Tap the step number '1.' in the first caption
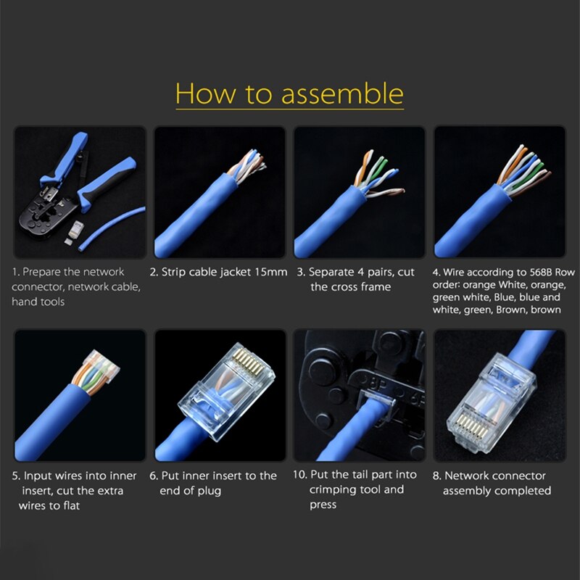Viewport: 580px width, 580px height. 15,272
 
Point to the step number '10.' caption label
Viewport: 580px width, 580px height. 302,475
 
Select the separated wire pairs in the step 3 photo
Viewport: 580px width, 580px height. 373,174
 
